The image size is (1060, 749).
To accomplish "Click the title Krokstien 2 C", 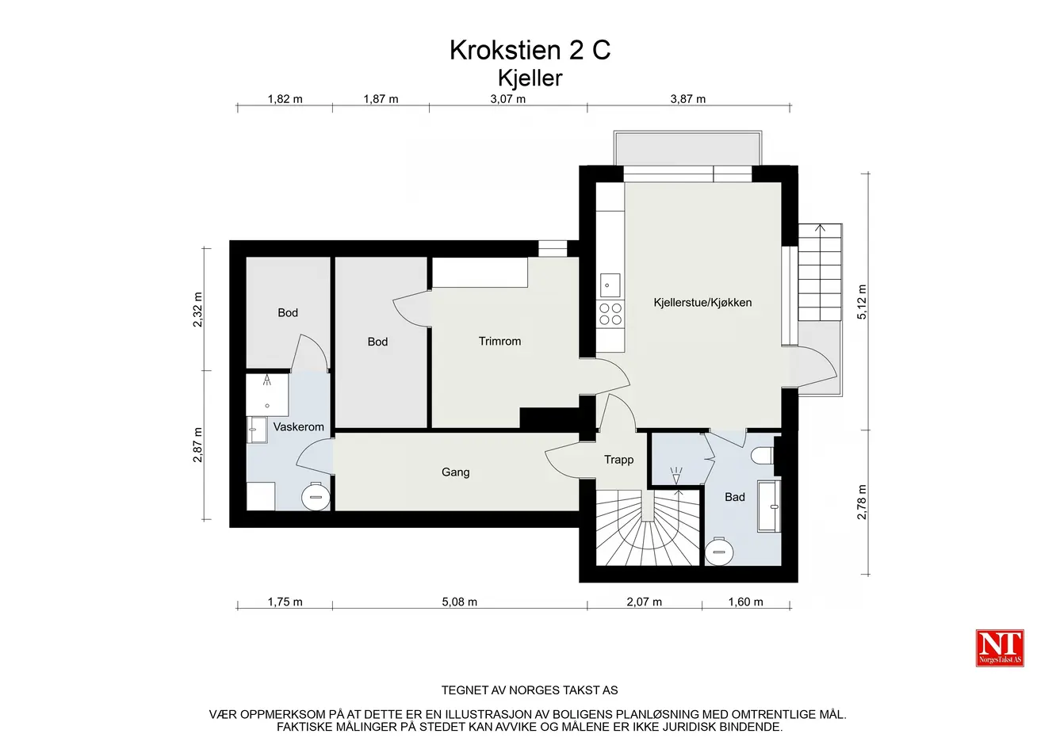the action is [530, 50].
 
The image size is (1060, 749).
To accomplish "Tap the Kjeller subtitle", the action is [530, 78].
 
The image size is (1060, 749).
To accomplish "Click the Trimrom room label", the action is [499, 341].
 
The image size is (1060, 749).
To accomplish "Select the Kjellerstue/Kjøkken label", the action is [702, 303].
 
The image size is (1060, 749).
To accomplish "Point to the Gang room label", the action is [456, 472].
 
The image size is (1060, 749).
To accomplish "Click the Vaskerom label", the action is [299, 426].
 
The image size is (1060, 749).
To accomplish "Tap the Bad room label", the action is [735, 497].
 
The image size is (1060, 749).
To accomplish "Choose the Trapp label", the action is [619, 460].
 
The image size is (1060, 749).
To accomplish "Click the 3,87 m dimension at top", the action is [688, 99].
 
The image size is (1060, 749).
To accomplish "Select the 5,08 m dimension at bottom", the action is [460, 602].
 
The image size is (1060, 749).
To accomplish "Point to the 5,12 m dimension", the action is [863, 302].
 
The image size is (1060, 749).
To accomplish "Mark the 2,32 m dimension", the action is [197, 309].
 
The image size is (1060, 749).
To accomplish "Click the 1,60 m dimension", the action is [746, 602].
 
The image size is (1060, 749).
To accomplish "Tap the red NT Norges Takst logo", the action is [1000, 648].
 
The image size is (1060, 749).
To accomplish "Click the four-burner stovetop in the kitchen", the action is [610, 314].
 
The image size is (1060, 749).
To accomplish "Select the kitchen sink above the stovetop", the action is [610, 285].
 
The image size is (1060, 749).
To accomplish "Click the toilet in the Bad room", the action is [763, 456].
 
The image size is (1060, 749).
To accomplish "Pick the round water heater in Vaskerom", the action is [316, 497].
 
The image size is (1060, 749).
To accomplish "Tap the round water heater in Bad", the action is [719, 552].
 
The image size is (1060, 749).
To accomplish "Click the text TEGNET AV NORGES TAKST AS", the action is [530, 690].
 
